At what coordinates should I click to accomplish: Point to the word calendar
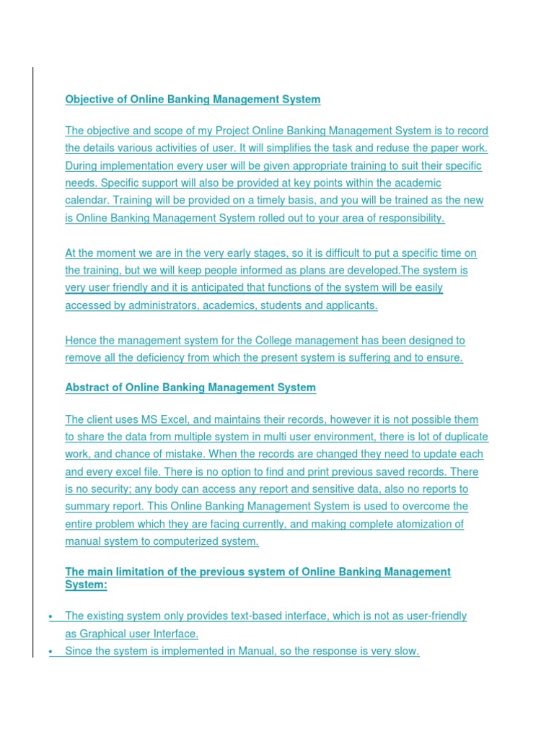[x=89, y=201]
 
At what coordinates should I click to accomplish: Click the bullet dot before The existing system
[x=50, y=616]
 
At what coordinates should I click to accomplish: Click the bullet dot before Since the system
[x=50, y=652]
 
